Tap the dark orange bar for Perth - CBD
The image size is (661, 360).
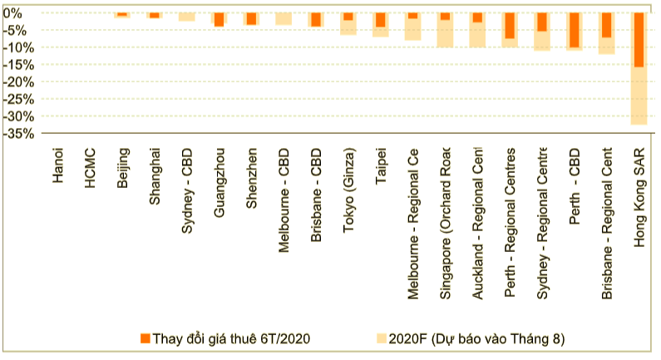tap(573, 30)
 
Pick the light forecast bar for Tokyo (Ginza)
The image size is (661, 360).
tap(348, 27)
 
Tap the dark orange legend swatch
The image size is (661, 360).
tap(146, 338)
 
